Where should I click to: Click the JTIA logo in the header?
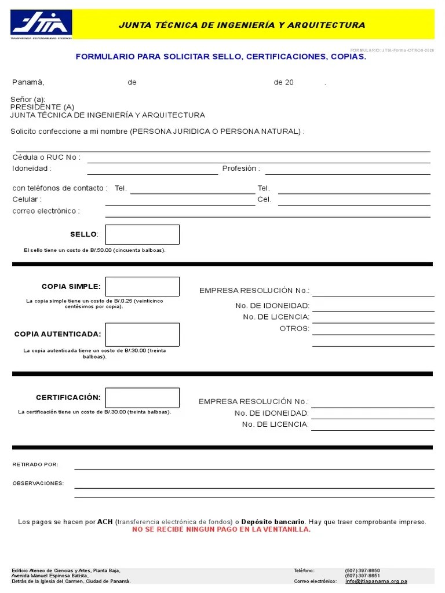point(41,24)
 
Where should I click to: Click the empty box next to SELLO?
point(142,235)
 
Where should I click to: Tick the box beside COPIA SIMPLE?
point(142,287)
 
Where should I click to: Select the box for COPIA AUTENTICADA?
point(142,334)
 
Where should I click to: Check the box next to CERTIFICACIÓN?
point(142,398)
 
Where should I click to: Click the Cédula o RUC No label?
point(46,158)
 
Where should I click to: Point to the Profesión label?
point(241,169)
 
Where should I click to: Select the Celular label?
point(27,199)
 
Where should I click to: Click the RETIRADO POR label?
point(35,464)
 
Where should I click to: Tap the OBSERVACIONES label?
point(38,483)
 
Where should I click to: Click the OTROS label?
point(294,328)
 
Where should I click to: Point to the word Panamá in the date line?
point(28,82)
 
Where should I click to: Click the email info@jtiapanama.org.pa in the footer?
point(376,581)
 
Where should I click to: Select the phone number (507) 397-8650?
point(363,570)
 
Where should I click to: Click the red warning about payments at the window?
point(221,529)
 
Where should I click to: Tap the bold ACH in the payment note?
point(105,522)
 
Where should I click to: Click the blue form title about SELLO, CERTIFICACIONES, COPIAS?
point(221,57)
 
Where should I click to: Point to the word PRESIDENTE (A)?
point(42,107)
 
